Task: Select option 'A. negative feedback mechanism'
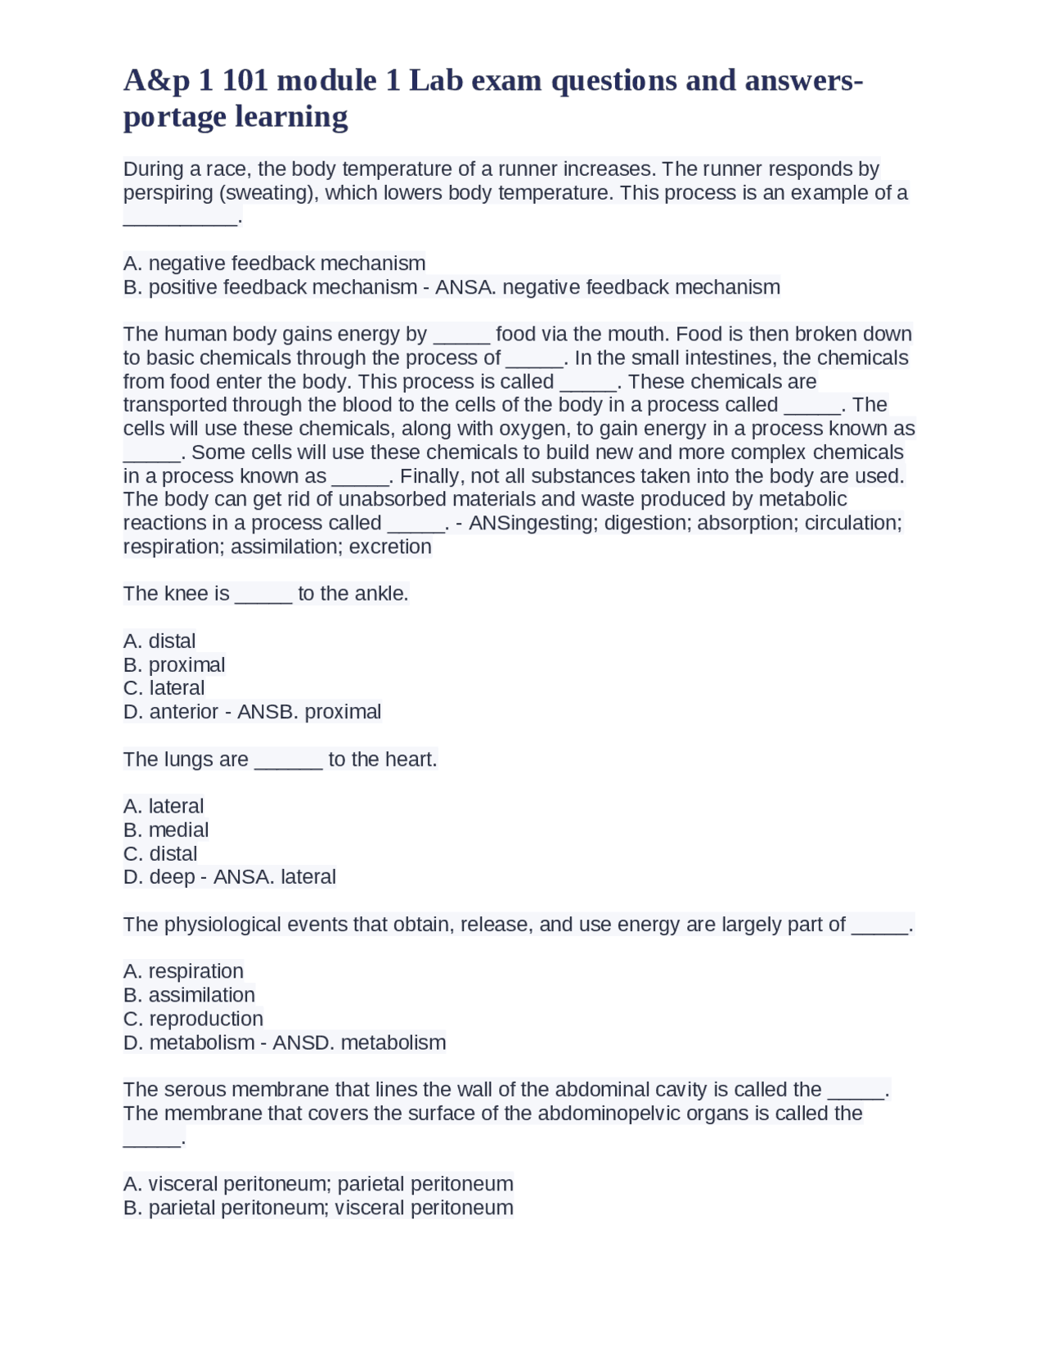pyautogui.click(x=274, y=263)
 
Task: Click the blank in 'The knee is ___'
pyautogui.click(x=263, y=594)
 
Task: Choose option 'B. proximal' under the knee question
pyautogui.click(x=174, y=665)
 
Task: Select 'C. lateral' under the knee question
pyautogui.click(x=164, y=688)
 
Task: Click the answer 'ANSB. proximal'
pyautogui.click(x=309, y=712)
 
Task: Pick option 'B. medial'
pyautogui.click(x=166, y=830)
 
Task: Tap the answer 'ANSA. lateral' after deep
pyautogui.click(x=274, y=877)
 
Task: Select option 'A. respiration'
pyautogui.click(x=183, y=971)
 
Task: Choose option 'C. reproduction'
pyautogui.click(x=193, y=1019)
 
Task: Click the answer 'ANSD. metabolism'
pyautogui.click(x=359, y=1042)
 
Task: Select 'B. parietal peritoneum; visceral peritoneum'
pyautogui.click(x=318, y=1208)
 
